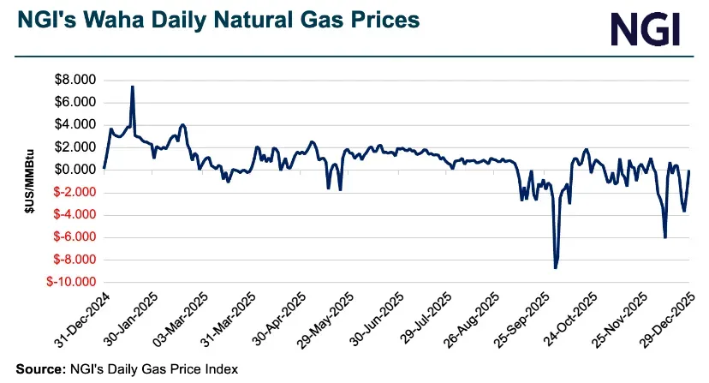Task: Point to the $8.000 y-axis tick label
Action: [x=76, y=80]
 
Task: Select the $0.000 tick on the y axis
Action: [x=76, y=170]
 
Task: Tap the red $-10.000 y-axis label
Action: [x=72, y=282]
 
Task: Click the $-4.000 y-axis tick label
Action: [x=74, y=214]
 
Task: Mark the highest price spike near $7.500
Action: [x=132, y=87]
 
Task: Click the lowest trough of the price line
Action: [x=556, y=268]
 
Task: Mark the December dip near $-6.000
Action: [x=665, y=237]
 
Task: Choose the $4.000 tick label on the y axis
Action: [x=76, y=124]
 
